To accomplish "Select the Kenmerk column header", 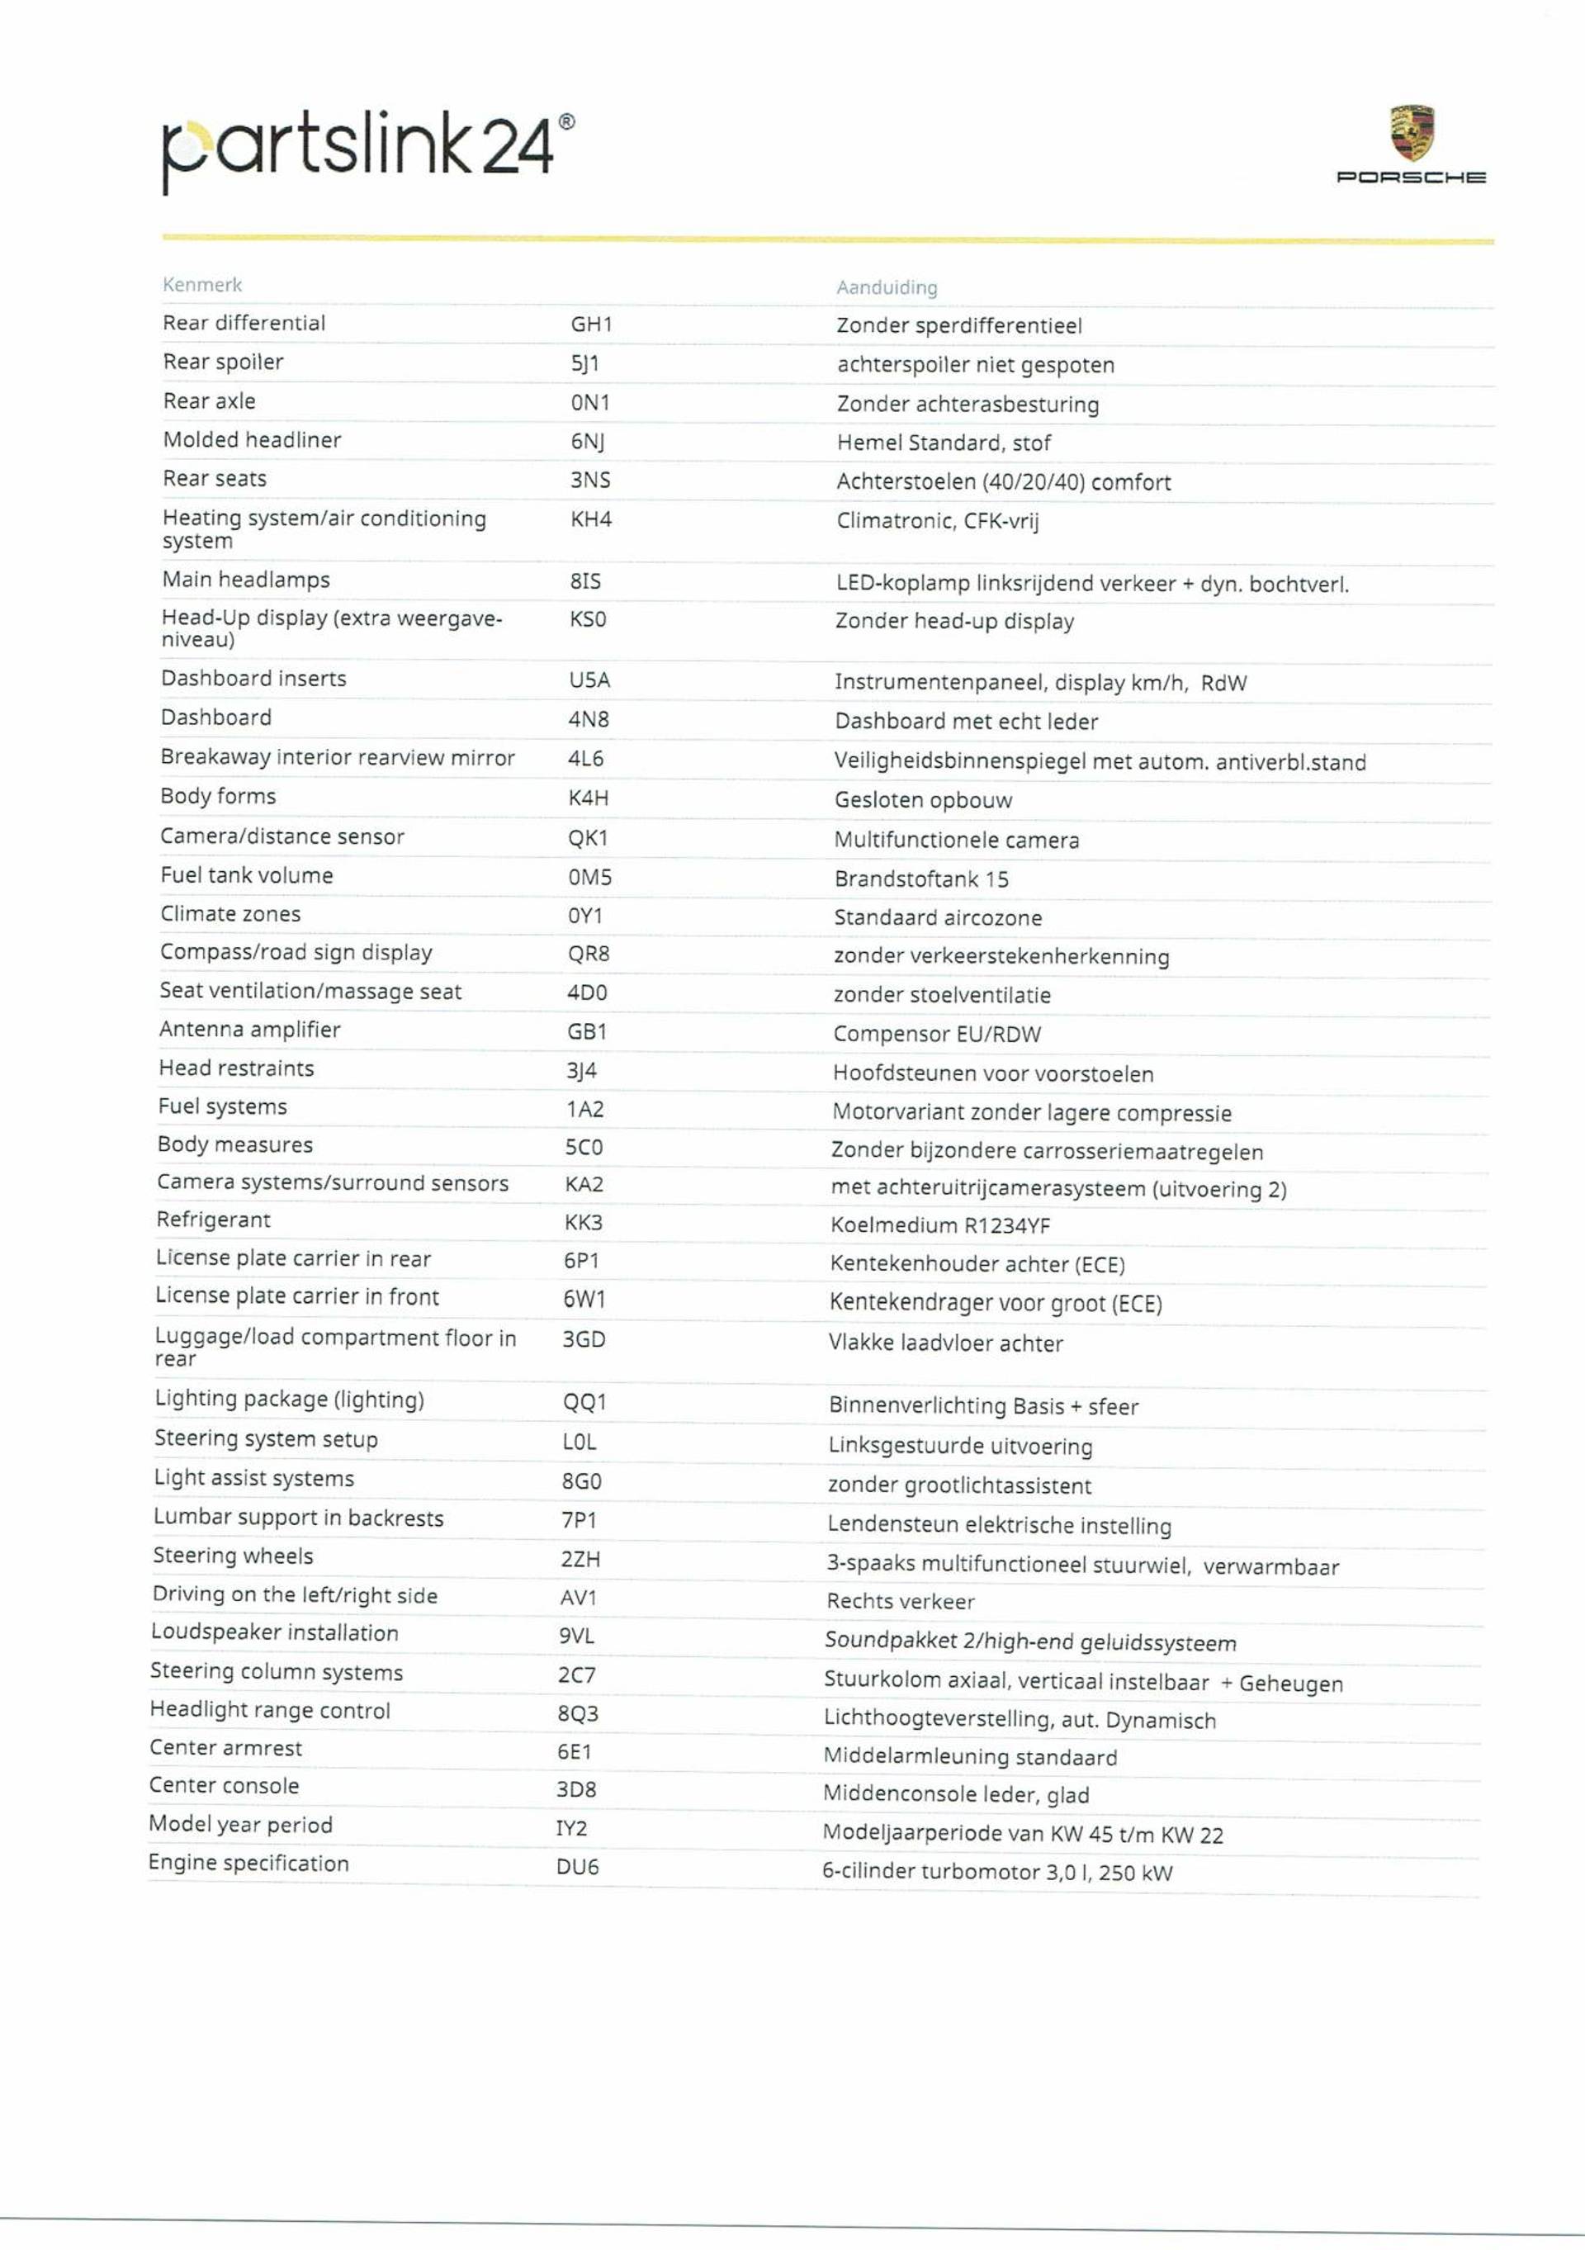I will pos(201,285).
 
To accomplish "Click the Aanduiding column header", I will pos(887,287).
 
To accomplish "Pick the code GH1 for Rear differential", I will pos(591,324).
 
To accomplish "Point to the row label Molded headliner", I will pos(252,440).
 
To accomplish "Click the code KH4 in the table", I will pos(591,519).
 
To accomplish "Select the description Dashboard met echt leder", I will pos(966,722).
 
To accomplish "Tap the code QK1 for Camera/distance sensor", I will pos(588,838).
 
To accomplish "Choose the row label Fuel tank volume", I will pos(247,875).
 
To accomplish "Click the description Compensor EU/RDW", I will pos(936,1034).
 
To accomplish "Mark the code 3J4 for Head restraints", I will pos(581,1070).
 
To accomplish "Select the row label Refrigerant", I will pos(214,1220).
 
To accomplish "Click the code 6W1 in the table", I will pos(584,1300).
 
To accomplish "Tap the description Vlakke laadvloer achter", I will pos(945,1343).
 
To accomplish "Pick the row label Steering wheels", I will pos(233,1556).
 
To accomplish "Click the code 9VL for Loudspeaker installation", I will pos(576,1636).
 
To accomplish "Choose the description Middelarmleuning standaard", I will pos(970,1757).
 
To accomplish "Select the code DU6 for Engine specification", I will pos(577,1867).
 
